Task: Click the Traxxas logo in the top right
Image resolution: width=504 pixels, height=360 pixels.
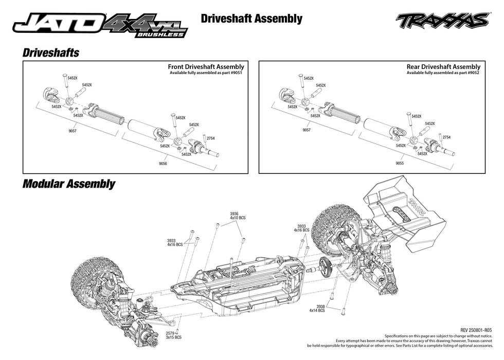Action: (x=442, y=21)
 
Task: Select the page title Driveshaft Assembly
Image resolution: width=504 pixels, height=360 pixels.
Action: (x=251, y=19)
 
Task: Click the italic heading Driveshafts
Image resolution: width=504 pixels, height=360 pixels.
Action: (x=50, y=52)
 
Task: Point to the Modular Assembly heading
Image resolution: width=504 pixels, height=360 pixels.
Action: (x=68, y=184)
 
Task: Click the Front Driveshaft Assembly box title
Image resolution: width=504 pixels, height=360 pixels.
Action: (x=206, y=67)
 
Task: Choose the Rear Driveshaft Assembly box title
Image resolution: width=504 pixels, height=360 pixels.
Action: (x=443, y=67)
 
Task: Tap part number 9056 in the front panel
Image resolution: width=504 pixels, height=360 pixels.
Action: (x=163, y=163)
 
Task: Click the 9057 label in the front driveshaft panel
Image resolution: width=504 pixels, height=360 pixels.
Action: (x=72, y=131)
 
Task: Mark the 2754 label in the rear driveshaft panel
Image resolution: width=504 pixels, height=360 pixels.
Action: (x=446, y=137)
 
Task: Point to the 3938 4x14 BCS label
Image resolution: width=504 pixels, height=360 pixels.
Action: (x=317, y=309)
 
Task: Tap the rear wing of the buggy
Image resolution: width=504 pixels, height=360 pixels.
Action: (x=403, y=206)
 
